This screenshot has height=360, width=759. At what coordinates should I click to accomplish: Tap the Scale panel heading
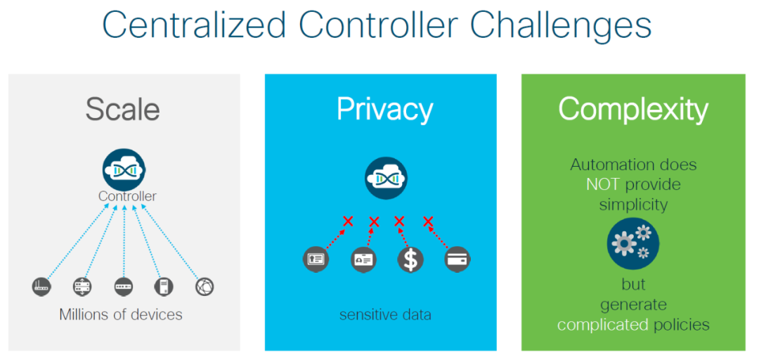coord(123,110)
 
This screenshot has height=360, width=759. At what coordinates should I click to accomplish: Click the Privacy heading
coord(384,110)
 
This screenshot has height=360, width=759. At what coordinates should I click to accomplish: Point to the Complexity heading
coord(633,110)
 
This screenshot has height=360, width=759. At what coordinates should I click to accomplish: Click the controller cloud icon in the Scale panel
coord(124,168)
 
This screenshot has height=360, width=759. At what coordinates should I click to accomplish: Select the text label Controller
coord(127,196)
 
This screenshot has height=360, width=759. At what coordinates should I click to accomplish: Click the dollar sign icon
coord(410,259)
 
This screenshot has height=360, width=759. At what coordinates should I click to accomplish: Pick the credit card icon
coord(458,259)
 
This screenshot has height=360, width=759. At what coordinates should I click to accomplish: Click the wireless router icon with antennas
coord(42,286)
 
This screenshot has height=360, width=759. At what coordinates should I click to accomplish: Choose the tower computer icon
coord(163,286)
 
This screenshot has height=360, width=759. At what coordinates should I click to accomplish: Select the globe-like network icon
coord(204,286)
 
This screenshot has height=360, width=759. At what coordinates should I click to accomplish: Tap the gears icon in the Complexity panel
coord(633,243)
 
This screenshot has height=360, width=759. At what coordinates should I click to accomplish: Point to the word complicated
coord(602,324)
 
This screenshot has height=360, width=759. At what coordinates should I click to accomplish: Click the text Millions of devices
coord(121,314)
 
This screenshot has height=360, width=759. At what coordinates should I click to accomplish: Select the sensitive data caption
coord(385,314)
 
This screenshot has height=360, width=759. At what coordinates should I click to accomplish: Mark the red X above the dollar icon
coord(399,221)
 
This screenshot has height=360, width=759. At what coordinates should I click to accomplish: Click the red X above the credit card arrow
coord(427,221)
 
